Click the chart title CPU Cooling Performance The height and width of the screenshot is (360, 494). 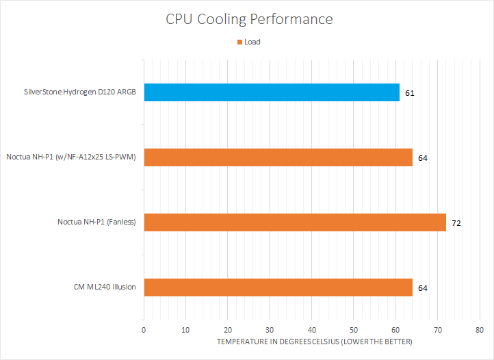point(249,18)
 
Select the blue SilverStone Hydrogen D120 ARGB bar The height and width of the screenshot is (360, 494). point(271,92)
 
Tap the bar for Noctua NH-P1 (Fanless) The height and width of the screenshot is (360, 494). point(294,222)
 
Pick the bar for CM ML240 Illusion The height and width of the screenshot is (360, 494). point(278,287)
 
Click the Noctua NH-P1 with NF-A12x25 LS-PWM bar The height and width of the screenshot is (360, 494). point(278,157)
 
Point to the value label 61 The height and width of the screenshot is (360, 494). point(410,92)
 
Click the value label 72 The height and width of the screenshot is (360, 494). point(456,222)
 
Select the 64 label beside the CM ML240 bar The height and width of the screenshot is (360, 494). point(423,287)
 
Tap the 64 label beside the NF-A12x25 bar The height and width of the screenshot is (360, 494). point(423,157)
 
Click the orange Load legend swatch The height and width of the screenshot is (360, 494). point(239,42)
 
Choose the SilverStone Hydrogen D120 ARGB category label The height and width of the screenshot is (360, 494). point(79,92)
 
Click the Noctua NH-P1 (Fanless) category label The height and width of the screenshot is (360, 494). point(96,222)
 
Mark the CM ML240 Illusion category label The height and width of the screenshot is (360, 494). point(104,287)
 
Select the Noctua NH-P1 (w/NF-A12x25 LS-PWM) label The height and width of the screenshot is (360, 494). point(71,157)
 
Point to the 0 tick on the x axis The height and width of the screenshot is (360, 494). point(144,329)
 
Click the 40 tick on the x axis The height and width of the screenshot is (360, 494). point(312,329)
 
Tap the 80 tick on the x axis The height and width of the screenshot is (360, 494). point(480,329)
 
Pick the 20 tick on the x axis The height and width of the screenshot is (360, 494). point(228,329)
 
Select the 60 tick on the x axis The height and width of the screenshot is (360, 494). point(396,329)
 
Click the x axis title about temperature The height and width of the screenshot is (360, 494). point(314,341)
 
